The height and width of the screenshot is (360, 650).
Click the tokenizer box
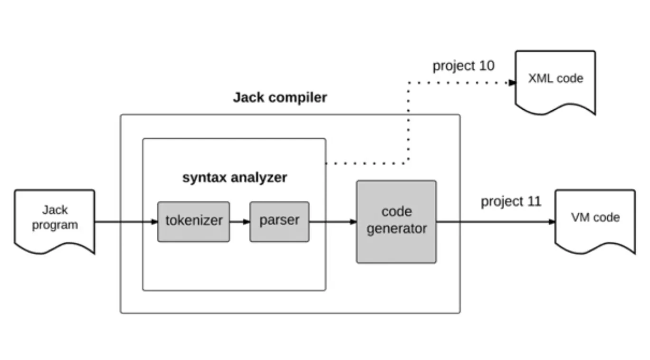[193, 222]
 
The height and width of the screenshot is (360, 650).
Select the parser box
[279, 222]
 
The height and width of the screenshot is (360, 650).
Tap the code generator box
[396, 221]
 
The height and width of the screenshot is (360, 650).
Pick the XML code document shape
[555, 81]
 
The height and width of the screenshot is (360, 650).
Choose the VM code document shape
[595, 220]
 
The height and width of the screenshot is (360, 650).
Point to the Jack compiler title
[280, 98]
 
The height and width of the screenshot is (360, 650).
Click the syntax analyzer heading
[235, 178]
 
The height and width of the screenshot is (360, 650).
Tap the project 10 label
[463, 66]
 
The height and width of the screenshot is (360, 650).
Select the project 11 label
[511, 201]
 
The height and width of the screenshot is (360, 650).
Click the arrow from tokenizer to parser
[239, 222]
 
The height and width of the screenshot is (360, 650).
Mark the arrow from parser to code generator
[333, 222]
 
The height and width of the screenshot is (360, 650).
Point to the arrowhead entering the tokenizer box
[154, 222]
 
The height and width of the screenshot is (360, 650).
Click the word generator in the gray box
[396, 229]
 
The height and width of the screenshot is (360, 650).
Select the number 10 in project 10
[486, 66]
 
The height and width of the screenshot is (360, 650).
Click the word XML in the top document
[538, 78]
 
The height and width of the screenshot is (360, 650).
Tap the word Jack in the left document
[55, 210]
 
